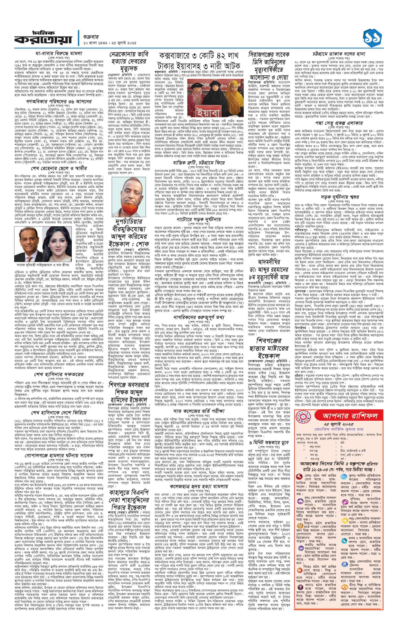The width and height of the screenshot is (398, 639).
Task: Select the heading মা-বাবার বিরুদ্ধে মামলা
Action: (59, 53)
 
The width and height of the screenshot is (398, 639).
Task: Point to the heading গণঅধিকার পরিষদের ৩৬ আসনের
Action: (59, 101)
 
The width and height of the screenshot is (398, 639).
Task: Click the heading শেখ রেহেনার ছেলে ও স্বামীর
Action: (59, 168)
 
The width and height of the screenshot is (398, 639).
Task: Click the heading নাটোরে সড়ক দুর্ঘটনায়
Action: (199, 219)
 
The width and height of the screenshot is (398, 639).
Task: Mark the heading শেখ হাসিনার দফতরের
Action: (59, 374)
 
